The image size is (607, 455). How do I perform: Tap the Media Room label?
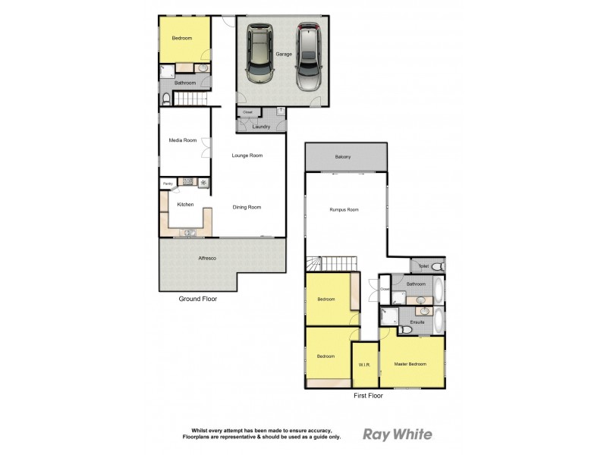182,140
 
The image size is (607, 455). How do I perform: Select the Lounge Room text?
247,155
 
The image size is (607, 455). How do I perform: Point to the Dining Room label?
247,207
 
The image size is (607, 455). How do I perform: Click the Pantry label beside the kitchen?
167,183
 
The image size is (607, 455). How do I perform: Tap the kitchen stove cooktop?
203,182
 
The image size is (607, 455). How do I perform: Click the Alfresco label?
207,259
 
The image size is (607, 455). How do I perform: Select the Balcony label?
343,157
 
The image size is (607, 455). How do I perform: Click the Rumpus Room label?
344,209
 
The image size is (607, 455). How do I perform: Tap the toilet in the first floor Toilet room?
438,266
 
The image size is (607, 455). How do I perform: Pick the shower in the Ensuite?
389,319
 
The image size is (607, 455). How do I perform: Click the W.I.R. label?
364,366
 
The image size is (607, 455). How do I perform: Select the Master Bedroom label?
410,364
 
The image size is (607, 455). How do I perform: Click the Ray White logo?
398,435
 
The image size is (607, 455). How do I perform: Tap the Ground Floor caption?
198,299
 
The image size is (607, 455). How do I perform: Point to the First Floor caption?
368,396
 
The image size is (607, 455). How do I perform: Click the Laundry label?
261,126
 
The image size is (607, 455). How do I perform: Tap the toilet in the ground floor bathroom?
167,99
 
